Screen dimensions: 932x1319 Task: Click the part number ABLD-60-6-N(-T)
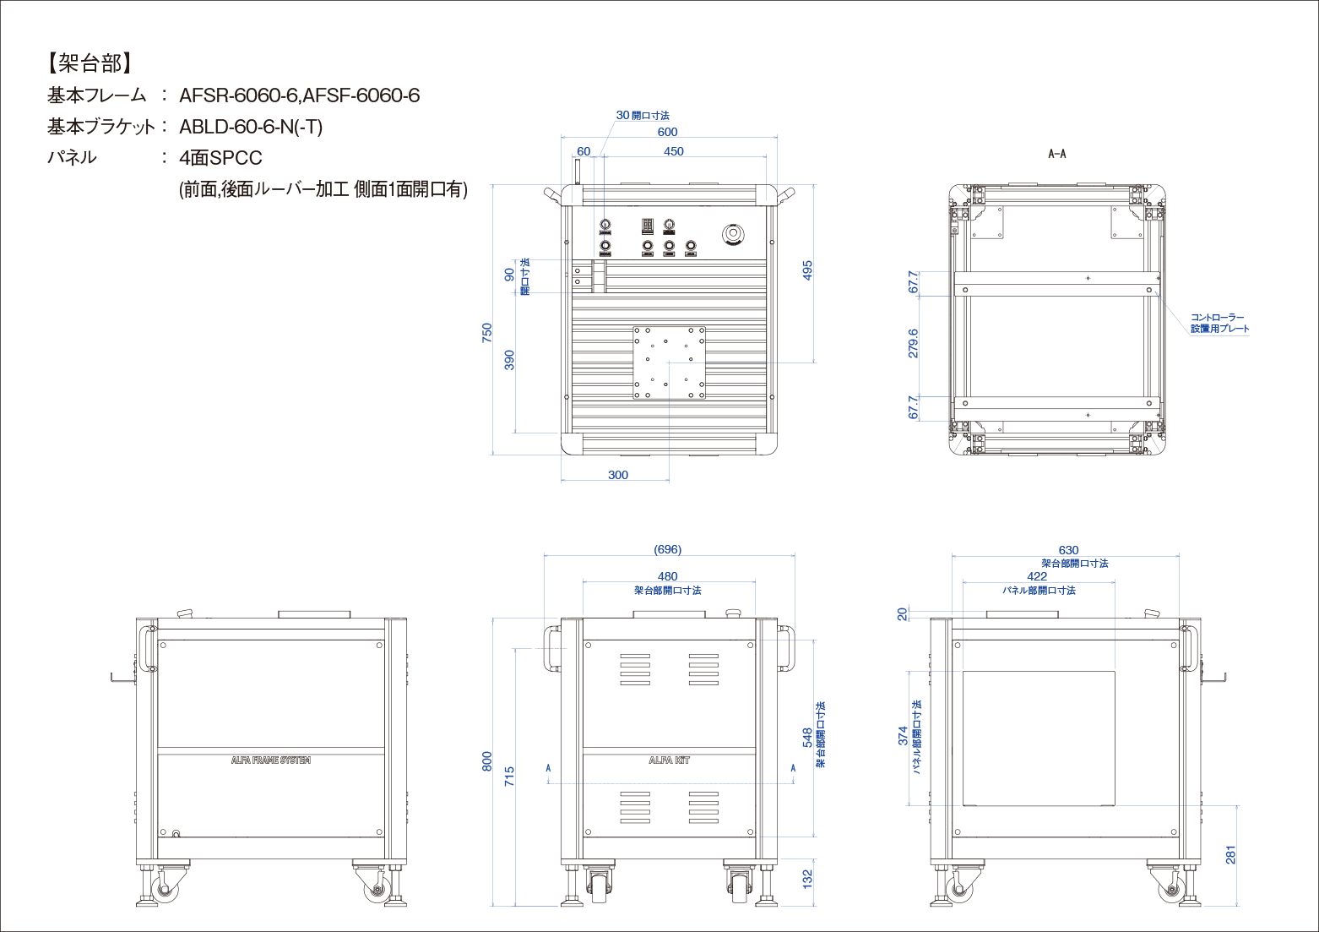click(x=251, y=127)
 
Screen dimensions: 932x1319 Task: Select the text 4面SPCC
click(x=220, y=158)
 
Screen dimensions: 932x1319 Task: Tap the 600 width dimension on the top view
click(x=667, y=132)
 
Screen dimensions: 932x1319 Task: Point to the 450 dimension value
click(x=673, y=151)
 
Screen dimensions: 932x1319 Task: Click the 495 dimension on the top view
click(x=807, y=270)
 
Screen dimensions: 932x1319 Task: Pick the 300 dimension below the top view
click(x=618, y=475)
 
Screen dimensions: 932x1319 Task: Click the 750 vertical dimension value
click(x=486, y=333)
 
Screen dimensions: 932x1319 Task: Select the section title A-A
click(x=1056, y=154)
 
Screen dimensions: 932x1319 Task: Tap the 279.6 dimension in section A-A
click(x=913, y=343)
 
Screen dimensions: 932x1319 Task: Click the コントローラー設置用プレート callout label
click(x=1219, y=323)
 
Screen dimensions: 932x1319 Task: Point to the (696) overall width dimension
click(x=667, y=549)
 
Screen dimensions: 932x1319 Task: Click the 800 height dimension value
click(x=486, y=761)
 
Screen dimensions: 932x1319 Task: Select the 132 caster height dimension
click(x=807, y=879)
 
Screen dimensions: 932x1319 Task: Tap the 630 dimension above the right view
click(x=1068, y=550)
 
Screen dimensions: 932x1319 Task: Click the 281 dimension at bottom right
click(x=1230, y=854)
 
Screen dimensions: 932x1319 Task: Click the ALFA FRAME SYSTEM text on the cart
click(x=270, y=760)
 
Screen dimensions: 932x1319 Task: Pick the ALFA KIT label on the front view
click(x=669, y=760)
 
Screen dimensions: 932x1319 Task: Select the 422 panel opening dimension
click(x=1037, y=576)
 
